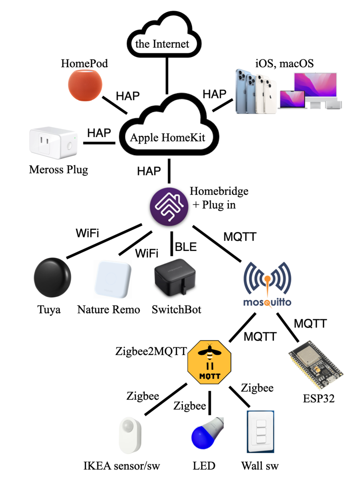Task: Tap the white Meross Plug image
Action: (x=53, y=144)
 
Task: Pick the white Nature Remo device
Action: (x=113, y=279)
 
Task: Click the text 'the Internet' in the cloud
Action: (x=162, y=44)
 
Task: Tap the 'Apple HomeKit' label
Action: (x=167, y=138)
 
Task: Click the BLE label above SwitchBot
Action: (x=186, y=247)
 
